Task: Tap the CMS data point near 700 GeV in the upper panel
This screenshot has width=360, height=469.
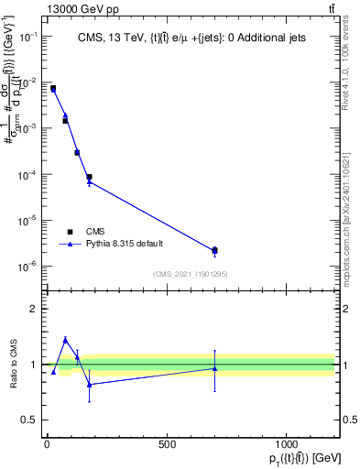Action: (x=214, y=250)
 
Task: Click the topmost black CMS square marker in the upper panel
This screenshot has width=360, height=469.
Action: (x=53, y=89)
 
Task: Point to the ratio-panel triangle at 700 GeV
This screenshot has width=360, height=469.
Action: (x=214, y=368)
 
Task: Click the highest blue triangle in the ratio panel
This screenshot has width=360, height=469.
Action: (x=65, y=340)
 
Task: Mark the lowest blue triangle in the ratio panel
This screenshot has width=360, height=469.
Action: (x=89, y=384)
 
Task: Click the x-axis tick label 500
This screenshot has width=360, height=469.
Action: (x=167, y=444)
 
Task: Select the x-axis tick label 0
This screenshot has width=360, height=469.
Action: (x=47, y=444)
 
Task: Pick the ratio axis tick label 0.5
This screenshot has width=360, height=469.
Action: (x=28, y=420)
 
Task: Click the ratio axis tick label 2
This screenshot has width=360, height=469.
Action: (x=33, y=309)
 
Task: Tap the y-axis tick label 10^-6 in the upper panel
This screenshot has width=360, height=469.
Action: (x=27, y=267)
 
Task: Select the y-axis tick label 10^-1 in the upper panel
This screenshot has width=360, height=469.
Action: (x=27, y=36)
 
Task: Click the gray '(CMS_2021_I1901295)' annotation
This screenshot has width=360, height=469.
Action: (x=191, y=274)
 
